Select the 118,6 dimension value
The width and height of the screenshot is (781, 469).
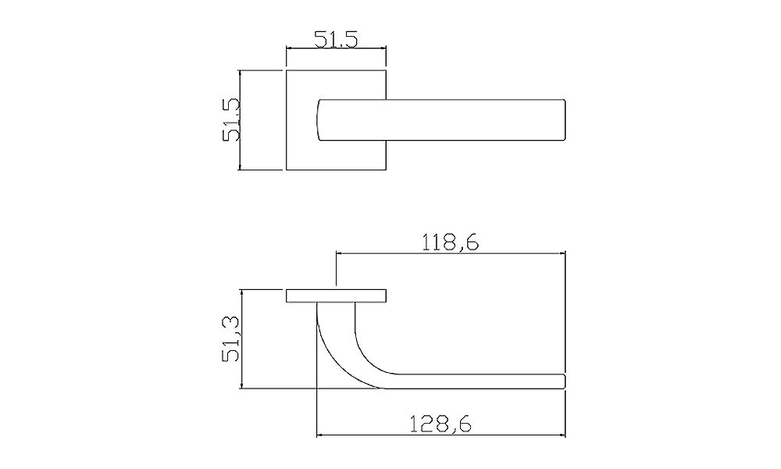tap(451, 242)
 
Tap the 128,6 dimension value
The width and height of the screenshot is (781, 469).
tap(440, 424)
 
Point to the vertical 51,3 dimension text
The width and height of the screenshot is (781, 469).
tap(232, 339)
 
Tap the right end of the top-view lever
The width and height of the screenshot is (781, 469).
tap(565, 120)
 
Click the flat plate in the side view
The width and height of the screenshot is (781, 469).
tap(336, 295)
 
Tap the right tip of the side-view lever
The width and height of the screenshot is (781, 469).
tap(565, 381)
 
